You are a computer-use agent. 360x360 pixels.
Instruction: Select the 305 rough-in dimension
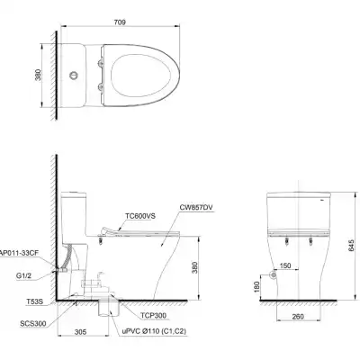pos(83,332)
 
